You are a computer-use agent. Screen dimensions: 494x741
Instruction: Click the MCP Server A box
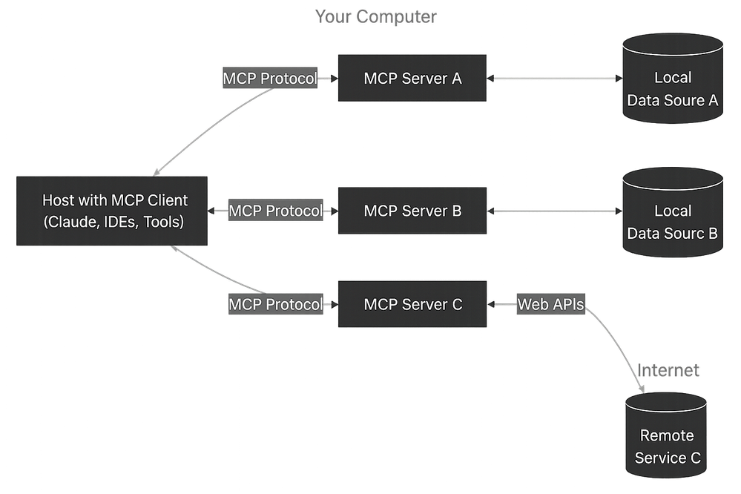(412, 78)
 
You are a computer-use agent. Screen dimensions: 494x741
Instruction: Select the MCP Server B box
(412, 211)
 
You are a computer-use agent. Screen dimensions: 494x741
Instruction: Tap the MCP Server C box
(412, 304)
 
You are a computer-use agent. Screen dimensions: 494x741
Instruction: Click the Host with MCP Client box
(113, 211)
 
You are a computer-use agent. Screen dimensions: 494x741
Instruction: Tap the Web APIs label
(551, 304)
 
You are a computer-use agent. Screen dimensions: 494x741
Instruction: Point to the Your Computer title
(376, 16)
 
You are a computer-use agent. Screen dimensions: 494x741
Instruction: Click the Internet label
(668, 370)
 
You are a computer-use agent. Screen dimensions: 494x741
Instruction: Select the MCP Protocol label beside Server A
(270, 78)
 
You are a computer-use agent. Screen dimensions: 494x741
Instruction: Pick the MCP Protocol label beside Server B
(275, 211)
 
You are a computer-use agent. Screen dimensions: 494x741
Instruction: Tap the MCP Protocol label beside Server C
(275, 304)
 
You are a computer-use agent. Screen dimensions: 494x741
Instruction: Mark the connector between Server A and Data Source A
(554, 78)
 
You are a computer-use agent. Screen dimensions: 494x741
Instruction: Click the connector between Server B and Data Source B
(554, 211)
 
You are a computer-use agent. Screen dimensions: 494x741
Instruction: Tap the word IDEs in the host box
(117, 221)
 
